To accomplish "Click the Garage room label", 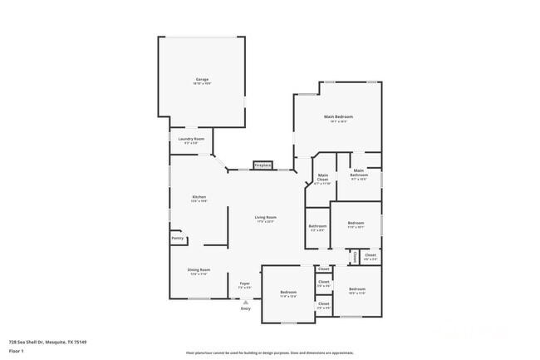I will [203, 80].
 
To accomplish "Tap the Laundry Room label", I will [191, 139].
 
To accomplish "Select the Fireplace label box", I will [263, 165].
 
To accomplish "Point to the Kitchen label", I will [199, 197].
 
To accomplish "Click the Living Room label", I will [265, 217].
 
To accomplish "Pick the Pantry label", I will [177, 239].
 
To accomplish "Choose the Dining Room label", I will [199, 269].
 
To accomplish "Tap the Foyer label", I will [245, 284].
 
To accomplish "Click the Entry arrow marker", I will [245, 302].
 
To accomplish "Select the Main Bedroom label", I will [338, 116].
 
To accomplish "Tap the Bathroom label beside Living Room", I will [317, 225].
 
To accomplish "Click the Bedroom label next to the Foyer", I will [288, 292].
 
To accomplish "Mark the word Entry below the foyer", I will [245, 309].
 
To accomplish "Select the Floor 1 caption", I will [16, 351].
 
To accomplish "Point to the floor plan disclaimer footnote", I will [269, 353].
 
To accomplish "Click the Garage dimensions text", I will [203, 84].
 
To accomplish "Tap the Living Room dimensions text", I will [265, 221].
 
